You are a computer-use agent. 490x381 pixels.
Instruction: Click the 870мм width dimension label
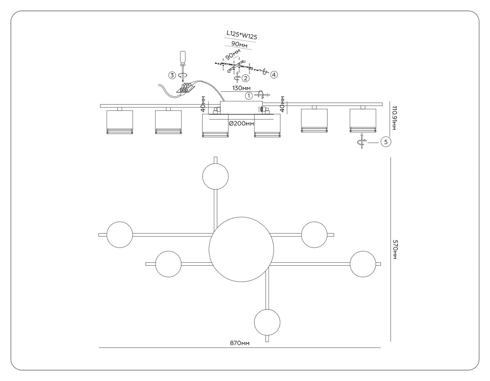pyautogui.click(x=239, y=343)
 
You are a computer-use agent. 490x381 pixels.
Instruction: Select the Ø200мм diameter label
pyautogui.click(x=241, y=124)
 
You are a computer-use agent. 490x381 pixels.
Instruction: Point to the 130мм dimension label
pyautogui.click(x=241, y=88)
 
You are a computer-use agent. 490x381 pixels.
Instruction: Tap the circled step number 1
pyautogui.click(x=249, y=96)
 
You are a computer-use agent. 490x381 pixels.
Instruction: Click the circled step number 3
pyautogui.click(x=172, y=75)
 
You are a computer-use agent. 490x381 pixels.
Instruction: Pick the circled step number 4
pyautogui.click(x=274, y=75)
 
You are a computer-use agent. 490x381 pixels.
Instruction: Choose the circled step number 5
pyautogui.click(x=386, y=142)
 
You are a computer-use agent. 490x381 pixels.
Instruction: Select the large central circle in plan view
pyautogui.click(x=241, y=249)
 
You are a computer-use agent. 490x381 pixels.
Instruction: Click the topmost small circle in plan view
pyautogui.click(x=215, y=176)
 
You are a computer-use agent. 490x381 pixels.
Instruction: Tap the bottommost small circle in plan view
pyautogui.click(x=267, y=322)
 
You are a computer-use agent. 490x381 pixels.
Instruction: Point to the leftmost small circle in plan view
pyautogui.click(x=120, y=235)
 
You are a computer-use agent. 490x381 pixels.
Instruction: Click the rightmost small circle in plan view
pyautogui.click(x=363, y=264)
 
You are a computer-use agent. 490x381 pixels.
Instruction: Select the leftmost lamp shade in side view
pyautogui.click(x=120, y=122)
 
